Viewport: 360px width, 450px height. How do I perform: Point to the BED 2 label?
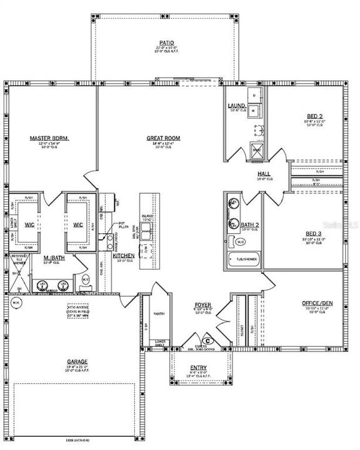pos(314,116)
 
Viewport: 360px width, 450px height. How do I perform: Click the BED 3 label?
pos(314,234)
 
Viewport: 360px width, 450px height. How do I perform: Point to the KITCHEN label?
pos(122,256)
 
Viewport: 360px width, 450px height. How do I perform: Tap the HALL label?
pos(263,174)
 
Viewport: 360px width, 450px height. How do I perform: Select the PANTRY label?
pos(159,314)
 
